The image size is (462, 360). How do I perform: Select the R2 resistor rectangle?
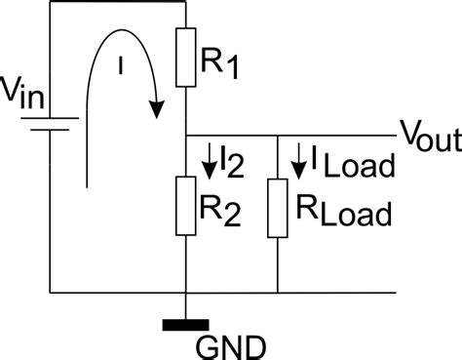[x=184, y=204]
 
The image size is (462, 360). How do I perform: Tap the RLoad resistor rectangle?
[x=279, y=207]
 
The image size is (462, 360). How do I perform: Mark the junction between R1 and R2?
[x=184, y=136]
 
